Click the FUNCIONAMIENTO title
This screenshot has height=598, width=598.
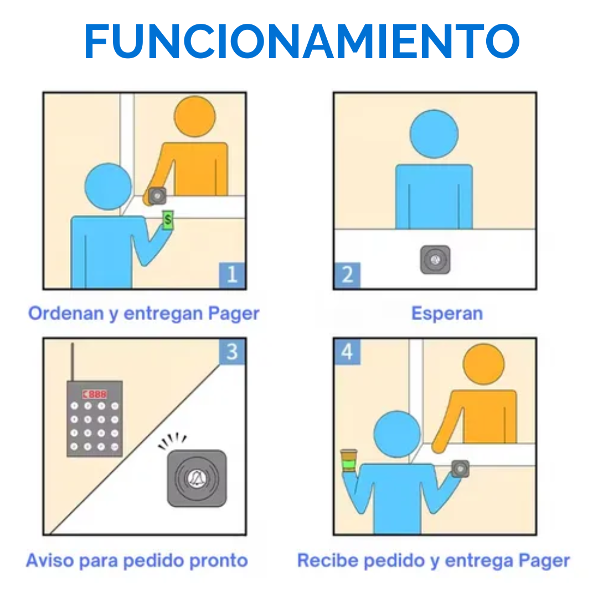(x=302, y=41)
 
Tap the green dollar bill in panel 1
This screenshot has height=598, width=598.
(x=168, y=220)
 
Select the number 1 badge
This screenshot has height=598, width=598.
(x=232, y=275)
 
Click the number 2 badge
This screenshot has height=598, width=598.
(x=347, y=275)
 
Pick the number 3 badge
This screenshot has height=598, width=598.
(x=232, y=351)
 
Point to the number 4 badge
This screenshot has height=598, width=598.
(x=347, y=351)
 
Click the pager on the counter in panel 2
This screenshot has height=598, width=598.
(x=435, y=260)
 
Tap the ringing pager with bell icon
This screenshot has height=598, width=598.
(x=197, y=478)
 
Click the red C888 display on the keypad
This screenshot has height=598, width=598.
(x=95, y=394)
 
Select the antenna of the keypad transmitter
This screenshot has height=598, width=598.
(x=72, y=362)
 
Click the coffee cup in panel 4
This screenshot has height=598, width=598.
(x=349, y=460)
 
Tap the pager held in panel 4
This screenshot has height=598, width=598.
(x=460, y=469)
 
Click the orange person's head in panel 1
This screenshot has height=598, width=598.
(x=194, y=116)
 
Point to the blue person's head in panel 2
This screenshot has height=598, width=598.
(x=434, y=134)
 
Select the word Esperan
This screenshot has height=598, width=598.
(x=447, y=314)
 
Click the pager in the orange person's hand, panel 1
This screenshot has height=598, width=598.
(x=157, y=196)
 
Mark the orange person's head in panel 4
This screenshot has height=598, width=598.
(x=483, y=364)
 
